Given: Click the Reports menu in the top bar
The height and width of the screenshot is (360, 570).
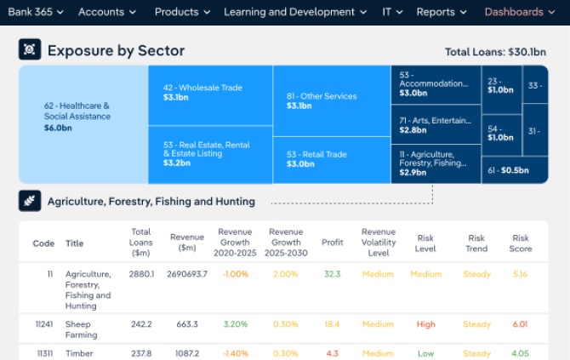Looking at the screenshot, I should (x=442, y=12).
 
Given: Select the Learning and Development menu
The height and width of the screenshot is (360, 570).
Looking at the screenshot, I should (x=295, y=12).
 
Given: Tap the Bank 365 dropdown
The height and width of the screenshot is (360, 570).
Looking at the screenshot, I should (x=35, y=12).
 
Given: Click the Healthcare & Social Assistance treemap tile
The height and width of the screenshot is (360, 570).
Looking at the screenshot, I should (x=83, y=124).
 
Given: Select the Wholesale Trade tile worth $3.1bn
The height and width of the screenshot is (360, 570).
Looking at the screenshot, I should (x=210, y=94).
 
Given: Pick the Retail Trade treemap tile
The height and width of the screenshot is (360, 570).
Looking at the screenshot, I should (x=332, y=159).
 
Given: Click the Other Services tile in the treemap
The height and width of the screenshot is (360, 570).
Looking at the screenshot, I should (x=332, y=100).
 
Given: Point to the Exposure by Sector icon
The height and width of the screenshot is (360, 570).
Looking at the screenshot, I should (x=30, y=49).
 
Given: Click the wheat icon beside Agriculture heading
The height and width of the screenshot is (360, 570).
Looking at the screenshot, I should (x=30, y=202).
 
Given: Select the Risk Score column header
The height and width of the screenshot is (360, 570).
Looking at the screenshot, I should (x=521, y=243).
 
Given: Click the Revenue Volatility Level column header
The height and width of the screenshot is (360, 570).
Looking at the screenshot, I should (x=379, y=243).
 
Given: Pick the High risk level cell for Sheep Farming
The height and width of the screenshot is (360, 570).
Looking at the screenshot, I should (x=425, y=324).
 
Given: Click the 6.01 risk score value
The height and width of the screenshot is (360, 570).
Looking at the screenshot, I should (x=521, y=324).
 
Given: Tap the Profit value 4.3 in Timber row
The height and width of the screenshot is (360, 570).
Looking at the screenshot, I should (x=332, y=353).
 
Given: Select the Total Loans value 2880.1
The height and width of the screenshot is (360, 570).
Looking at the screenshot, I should (x=141, y=274).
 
